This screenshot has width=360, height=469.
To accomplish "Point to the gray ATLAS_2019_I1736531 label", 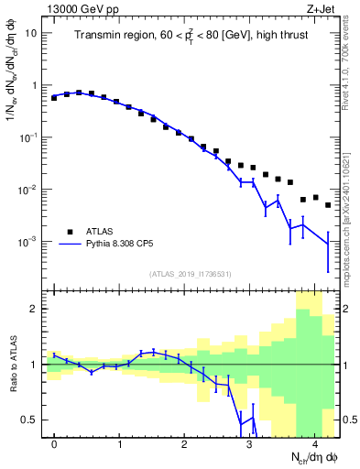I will pos(190,274).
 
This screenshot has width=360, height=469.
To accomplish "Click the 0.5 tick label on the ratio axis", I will pos(28,420).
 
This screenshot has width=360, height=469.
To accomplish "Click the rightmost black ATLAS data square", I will pos(328,205).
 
